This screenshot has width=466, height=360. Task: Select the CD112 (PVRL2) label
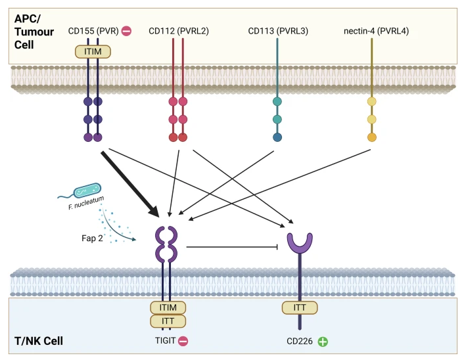tap(178, 31)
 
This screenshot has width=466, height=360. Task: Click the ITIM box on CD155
tap(93, 51)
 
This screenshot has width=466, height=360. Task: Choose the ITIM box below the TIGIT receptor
tap(168, 307)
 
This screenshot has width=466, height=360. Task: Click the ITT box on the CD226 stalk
tap(300, 307)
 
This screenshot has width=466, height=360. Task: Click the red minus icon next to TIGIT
tap(185, 341)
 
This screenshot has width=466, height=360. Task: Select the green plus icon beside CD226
tap(323, 341)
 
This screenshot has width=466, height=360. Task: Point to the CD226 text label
tap(298, 341)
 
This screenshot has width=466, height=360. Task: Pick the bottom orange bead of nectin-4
tap(371, 137)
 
